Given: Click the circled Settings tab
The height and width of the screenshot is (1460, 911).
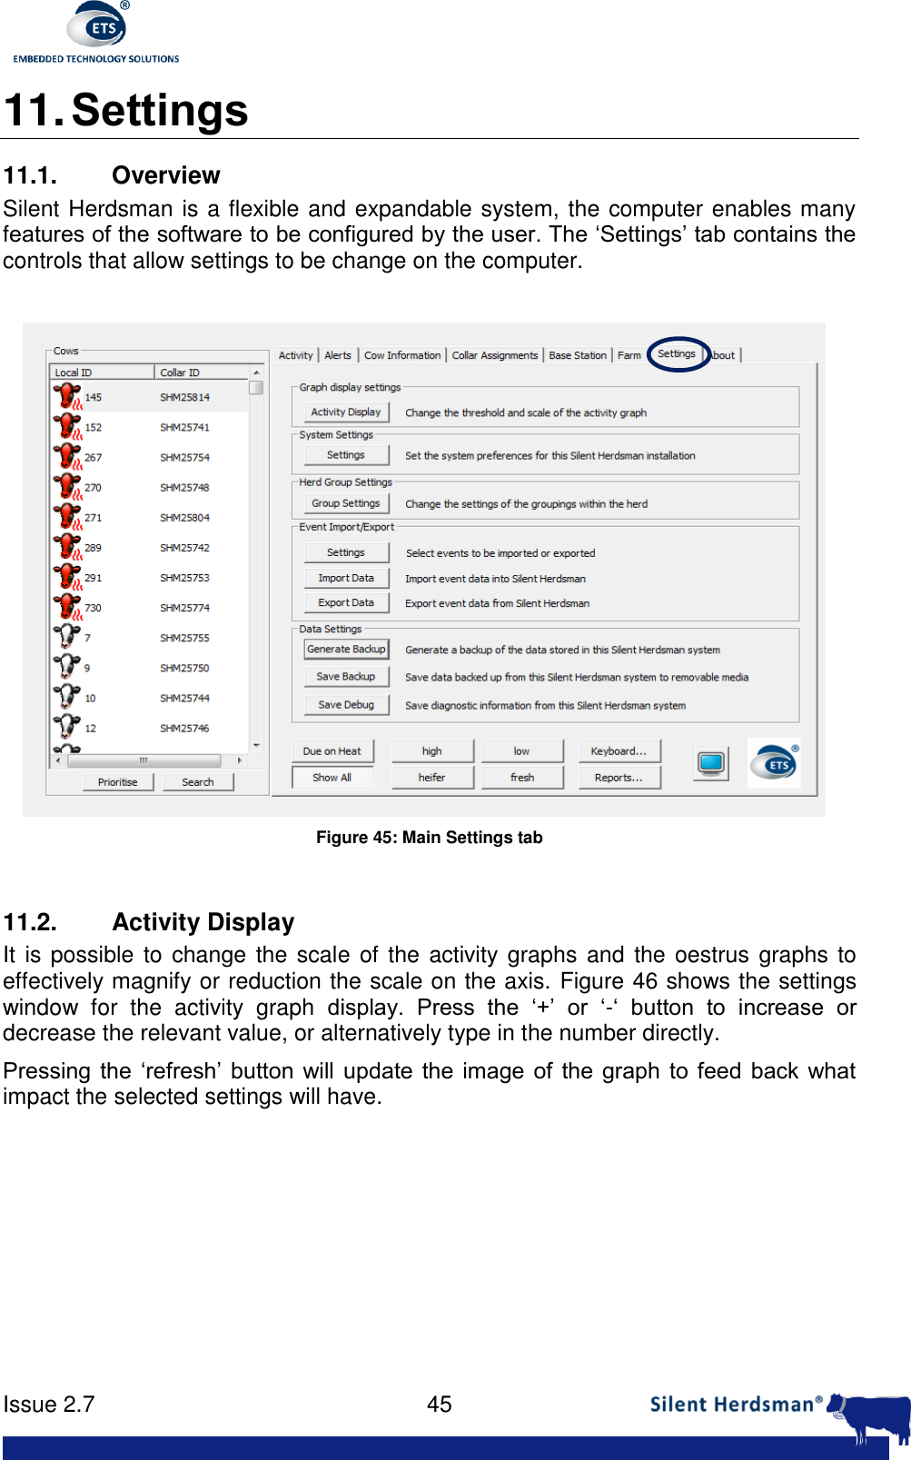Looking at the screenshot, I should coord(677,354).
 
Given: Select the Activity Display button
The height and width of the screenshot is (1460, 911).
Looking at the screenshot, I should coord(346,412).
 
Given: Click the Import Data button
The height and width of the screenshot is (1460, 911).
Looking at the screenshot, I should coord(346,579).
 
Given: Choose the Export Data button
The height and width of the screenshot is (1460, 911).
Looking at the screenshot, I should coord(346,603).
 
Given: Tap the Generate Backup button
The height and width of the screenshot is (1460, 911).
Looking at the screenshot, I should coord(346,650).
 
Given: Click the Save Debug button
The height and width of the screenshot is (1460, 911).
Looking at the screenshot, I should coord(346,705).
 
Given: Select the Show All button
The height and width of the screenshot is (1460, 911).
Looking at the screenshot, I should coord(332,778).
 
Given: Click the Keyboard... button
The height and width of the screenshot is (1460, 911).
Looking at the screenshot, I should coord(619,751).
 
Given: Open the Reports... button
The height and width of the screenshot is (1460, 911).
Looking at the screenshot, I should coord(619,778).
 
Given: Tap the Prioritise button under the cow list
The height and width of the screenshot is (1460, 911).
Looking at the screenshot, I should coord(118,782).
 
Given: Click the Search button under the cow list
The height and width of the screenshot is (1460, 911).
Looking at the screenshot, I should coord(198,782).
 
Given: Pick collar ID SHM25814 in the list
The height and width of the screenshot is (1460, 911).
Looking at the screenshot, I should coord(184,398).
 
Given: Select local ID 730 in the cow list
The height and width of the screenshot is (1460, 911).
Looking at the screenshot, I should coord(93,609).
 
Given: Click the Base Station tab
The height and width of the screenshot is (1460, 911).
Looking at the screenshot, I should coord(578,356).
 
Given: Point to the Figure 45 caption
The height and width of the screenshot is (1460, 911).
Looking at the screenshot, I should coord(429,838).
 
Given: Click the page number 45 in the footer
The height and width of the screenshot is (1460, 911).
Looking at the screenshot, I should coord(440,1405).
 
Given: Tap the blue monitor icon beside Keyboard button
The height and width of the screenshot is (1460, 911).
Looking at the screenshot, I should coord(711,763).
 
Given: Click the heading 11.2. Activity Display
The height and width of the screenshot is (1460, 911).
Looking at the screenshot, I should coord(149,922).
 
